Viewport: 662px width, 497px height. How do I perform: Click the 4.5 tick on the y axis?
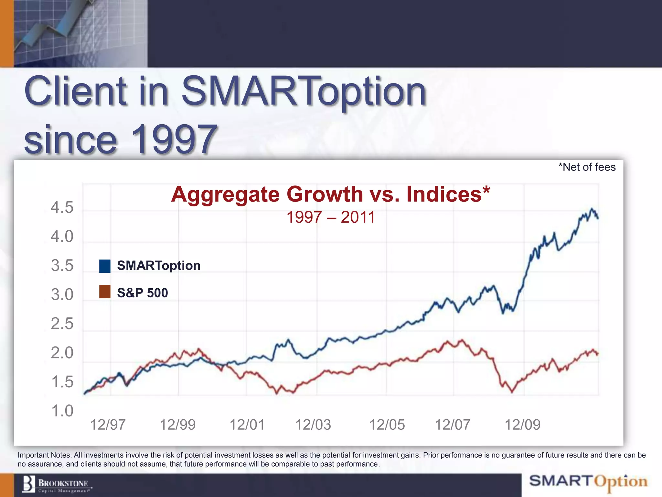(62, 207)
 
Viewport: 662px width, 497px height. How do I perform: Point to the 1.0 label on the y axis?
(62, 411)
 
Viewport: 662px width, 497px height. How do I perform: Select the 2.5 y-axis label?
(62, 324)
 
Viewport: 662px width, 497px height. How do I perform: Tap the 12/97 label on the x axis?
(108, 425)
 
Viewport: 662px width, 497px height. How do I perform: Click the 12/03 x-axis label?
(313, 425)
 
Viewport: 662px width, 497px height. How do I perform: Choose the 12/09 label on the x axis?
(522, 425)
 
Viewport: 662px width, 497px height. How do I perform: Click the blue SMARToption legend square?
(105, 266)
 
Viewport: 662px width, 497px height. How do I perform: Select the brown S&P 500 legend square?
(105, 292)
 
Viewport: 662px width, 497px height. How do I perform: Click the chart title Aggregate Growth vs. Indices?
(330, 194)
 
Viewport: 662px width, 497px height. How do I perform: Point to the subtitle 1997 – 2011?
(330, 217)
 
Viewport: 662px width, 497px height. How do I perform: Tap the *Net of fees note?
(587, 167)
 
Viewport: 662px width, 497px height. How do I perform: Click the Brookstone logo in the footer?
(57, 485)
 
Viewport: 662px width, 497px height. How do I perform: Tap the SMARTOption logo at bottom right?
(588, 481)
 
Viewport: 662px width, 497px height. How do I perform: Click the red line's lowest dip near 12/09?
(512, 392)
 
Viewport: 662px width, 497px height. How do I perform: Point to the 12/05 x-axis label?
(387, 425)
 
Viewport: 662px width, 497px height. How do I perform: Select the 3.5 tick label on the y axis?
(62, 266)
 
